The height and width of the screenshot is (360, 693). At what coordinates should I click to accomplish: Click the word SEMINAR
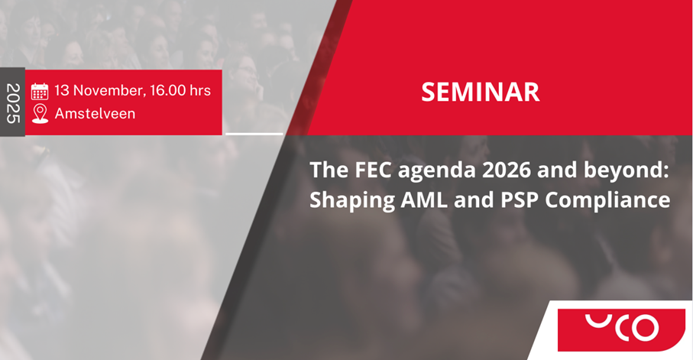481,92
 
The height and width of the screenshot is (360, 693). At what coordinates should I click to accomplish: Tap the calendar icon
40,91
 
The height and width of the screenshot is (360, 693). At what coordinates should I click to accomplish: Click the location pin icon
40,114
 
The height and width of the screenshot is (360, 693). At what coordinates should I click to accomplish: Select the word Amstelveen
95,114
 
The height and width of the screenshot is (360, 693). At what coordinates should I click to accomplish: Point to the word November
109,91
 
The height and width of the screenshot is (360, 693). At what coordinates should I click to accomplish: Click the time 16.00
168,91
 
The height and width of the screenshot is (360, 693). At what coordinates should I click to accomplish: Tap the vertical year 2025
13,103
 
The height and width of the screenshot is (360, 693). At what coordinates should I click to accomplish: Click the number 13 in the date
62,91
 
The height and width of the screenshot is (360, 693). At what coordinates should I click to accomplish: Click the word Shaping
351,201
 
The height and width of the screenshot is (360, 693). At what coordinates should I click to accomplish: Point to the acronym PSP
520,200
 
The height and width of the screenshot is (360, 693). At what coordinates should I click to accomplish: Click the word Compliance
607,201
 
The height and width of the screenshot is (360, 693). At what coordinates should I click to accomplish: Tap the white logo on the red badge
622,327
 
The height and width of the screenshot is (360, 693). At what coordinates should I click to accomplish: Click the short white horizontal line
254,134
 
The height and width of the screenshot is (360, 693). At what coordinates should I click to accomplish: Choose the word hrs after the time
200,91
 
